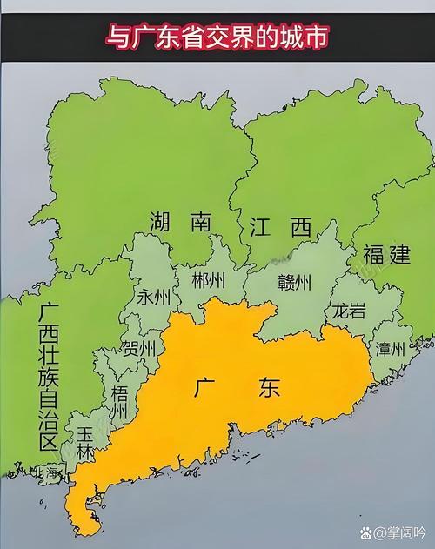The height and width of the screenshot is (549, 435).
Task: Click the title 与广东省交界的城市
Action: tap(217, 37)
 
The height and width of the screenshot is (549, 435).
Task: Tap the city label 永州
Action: tap(153, 298)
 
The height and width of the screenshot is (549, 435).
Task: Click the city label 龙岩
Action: tap(346, 311)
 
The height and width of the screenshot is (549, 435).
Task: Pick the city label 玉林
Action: tap(85, 441)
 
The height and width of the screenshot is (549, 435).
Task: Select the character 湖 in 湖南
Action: tap(163, 222)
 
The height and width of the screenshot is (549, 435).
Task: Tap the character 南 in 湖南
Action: tap(201, 222)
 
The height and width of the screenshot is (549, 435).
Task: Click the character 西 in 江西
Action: tap(300, 229)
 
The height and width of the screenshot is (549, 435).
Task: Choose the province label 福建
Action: tap(386, 255)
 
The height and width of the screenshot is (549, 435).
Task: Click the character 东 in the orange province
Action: tap(269, 388)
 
